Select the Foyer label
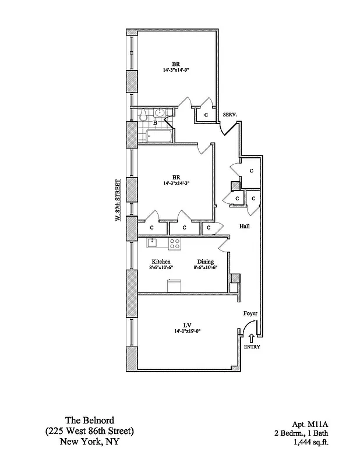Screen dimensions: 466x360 250,314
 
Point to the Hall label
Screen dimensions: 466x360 245,227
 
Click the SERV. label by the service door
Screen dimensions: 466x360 229,115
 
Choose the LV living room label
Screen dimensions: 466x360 188,325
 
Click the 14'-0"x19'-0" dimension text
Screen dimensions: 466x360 188,331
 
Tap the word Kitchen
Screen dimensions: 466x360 161,262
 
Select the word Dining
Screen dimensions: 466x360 205,262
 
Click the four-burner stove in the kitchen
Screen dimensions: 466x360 175,243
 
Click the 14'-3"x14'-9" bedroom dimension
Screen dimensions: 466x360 176,70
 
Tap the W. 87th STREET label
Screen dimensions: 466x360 118,199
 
